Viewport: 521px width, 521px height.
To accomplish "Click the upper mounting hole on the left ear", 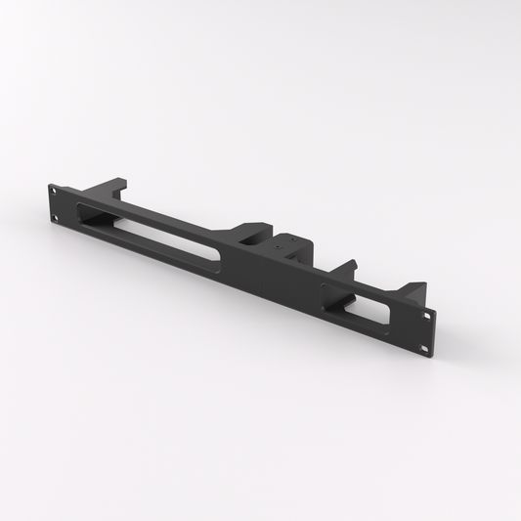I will [55, 194].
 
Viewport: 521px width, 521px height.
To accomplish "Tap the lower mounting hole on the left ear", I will [56, 215].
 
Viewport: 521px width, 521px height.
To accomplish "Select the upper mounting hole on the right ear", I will [427, 315].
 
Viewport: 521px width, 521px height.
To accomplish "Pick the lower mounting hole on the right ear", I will [425, 345].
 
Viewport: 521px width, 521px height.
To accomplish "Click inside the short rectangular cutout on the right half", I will [357, 309].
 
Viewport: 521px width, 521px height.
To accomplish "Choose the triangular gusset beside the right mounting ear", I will [416, 291].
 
